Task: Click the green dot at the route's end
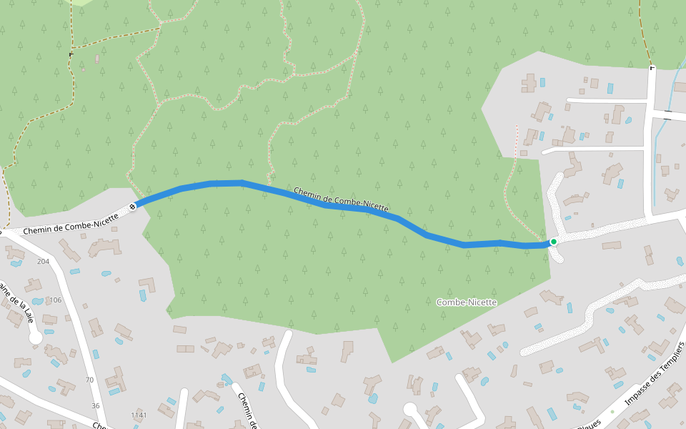point(553,242)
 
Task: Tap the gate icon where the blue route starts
point(132,207)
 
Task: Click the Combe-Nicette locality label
point(466,302)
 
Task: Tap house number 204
point(43,261)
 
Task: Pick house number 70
point(89,380)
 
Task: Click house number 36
point(96,405)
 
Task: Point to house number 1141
point(139,415)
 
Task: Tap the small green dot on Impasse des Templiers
point(612,412)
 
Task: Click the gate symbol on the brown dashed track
point(71,54)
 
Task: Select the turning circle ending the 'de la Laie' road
point(35,337)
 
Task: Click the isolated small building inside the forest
point(97,59)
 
